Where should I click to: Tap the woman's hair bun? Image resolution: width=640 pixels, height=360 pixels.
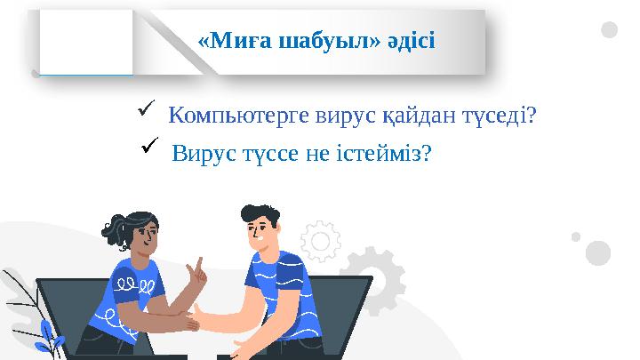point(114,229)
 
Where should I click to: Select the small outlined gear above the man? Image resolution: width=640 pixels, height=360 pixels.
point(320,239)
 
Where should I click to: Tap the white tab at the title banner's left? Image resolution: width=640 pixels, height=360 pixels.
point(86,42)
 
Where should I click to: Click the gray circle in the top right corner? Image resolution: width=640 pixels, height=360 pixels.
point(609,30)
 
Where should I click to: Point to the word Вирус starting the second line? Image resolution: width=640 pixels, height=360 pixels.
point(202,153)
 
